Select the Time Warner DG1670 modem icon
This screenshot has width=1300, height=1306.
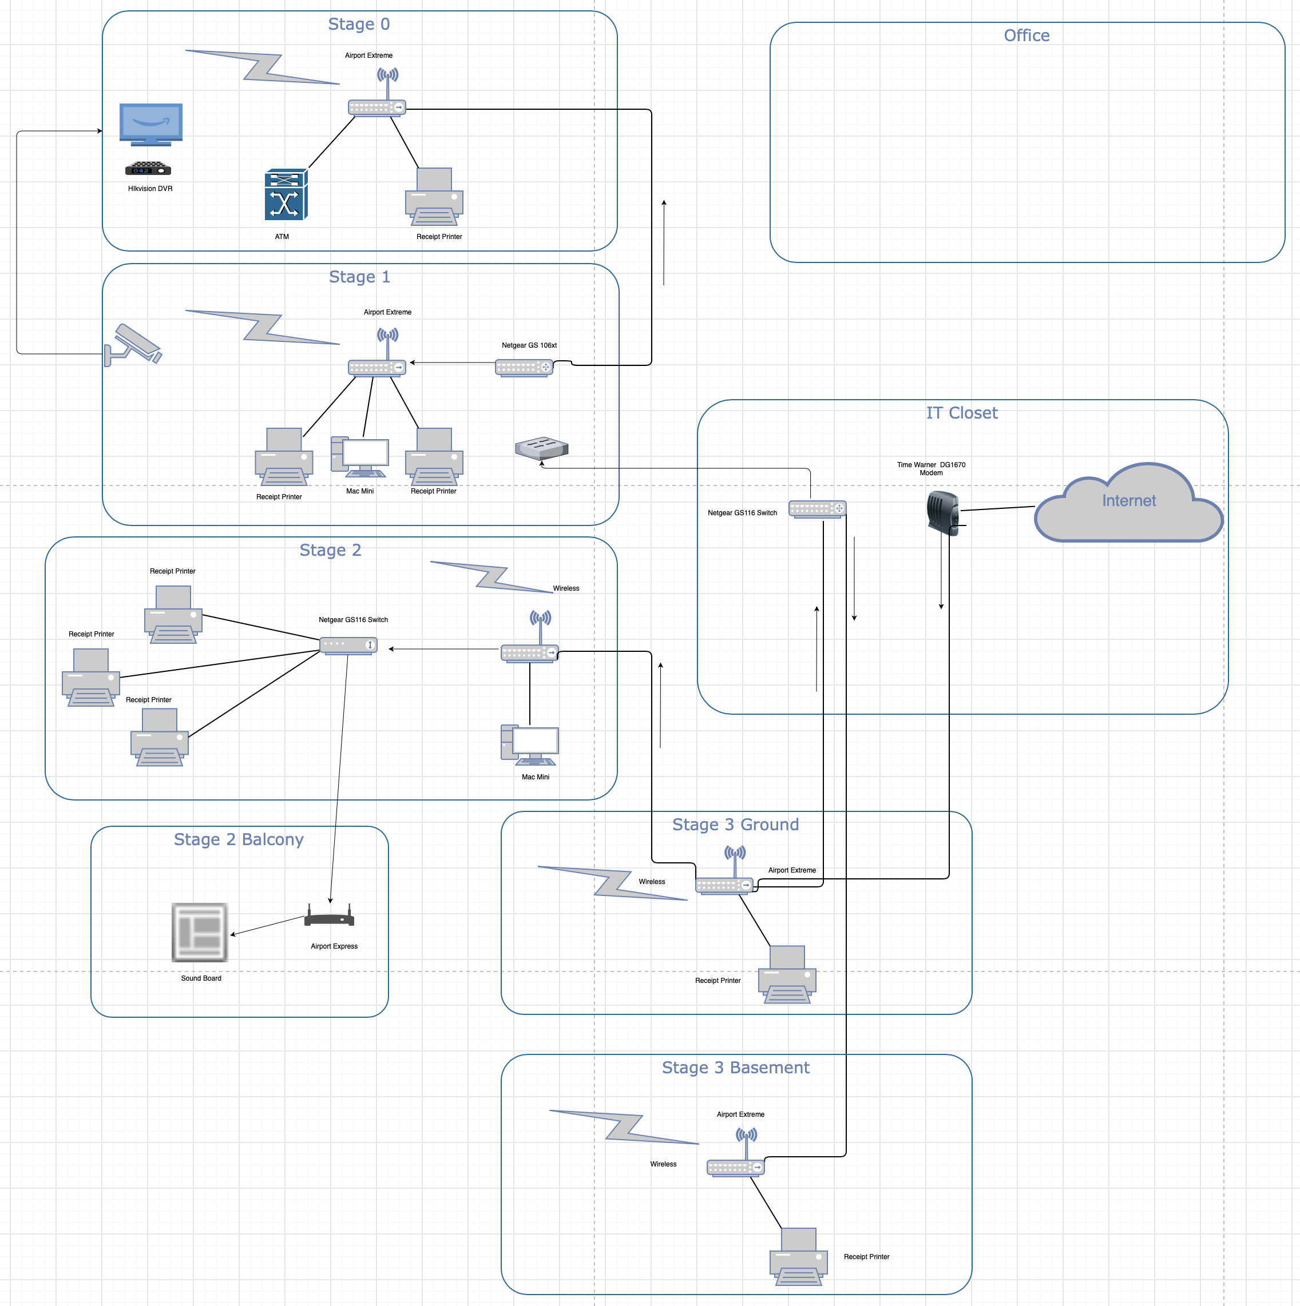click(942, 513)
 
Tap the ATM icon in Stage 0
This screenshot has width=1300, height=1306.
click(286, 194)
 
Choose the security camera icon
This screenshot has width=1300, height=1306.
click(133, 345)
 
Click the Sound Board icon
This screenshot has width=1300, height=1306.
click(200, 932)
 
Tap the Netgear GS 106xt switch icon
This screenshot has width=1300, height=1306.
click(524, 368)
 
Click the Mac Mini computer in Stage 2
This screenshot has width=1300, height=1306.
click(530, 745)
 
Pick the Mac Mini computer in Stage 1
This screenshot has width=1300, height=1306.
click(360, 457)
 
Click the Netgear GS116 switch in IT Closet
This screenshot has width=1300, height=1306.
click(817, 508)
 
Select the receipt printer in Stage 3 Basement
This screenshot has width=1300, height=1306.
click(799, 1257)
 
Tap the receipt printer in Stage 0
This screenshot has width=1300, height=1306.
click(434, 197)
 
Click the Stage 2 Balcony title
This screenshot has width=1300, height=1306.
click(239, 839)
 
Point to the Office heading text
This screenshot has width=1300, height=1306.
click(1026, 36)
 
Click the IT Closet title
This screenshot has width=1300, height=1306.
click(962, 413)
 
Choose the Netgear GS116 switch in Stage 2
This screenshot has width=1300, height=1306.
click(348, 645)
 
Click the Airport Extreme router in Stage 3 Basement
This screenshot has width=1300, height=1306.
click(736, 1153)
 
